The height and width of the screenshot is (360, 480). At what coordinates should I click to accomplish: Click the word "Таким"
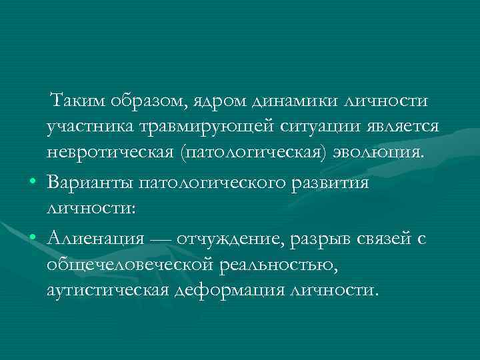(77, 101)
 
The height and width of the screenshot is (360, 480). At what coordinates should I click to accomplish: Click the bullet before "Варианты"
(31, 183)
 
